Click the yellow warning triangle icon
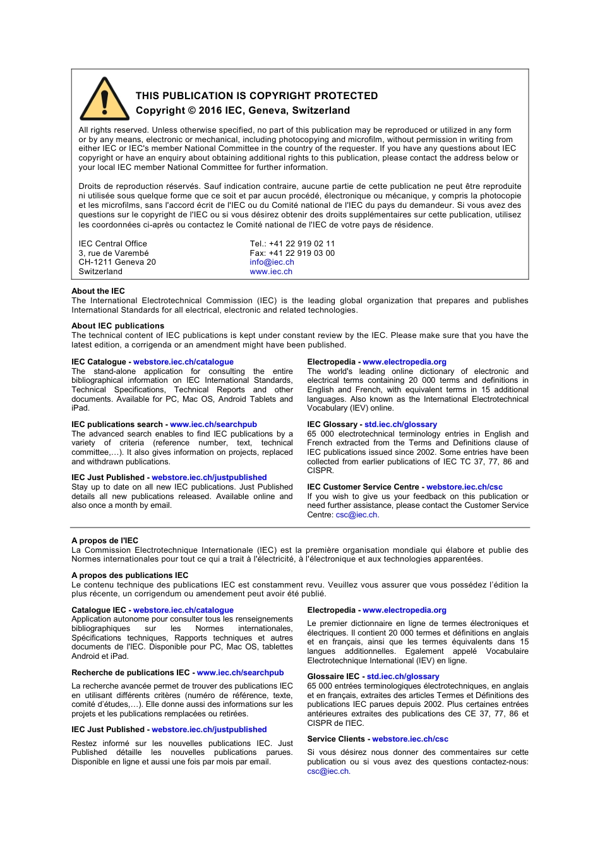coord(104,100)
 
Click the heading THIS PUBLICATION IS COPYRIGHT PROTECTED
coord(256,96)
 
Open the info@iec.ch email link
coord(272,262)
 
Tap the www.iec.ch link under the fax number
coord(271,272)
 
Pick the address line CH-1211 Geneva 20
coord(117,262)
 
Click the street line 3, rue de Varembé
coord(114,253)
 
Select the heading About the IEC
coord(98,291)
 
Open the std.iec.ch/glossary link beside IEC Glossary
coord(400,424)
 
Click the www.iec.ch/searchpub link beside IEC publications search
coord(213,424)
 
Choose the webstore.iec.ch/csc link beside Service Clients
coord(410,739)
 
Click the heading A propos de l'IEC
coord(105,541)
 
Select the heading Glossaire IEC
coord(333,677)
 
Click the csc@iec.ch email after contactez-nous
coord(328,771)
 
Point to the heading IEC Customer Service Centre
coord(363,487)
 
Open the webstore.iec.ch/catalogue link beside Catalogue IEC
coord(183,610)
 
